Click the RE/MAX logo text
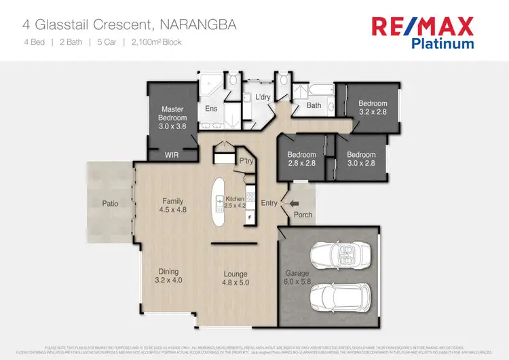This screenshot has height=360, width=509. click(421, 26)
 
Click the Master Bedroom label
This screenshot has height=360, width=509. click(172, 117)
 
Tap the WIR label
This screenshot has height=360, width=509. click(172, 155)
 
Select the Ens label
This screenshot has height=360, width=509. click(210, 109)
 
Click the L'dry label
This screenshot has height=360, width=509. click(263, 98)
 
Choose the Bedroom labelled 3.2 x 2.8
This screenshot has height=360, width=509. click(372, 107)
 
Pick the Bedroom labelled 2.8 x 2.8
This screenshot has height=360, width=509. click(301, 159)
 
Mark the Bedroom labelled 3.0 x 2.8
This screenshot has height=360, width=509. click(361, 159)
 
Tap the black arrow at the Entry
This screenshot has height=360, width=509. click(294, 202)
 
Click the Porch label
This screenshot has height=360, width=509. click(303, 215)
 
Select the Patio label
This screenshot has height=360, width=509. click(111, 202)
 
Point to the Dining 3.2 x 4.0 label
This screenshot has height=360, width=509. click(168, 274)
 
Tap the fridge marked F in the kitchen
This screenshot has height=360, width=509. click(249, 217)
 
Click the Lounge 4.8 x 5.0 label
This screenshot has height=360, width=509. click(237, 278)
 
